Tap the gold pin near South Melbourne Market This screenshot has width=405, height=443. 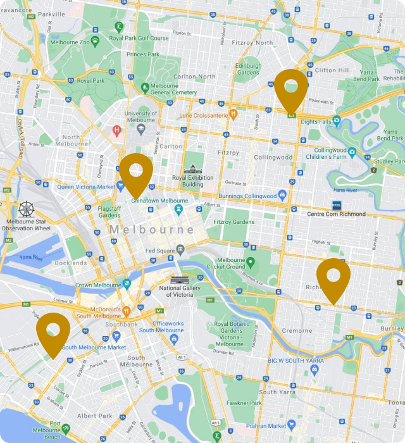click(53, 332)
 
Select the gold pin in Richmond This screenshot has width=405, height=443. click(333, 278)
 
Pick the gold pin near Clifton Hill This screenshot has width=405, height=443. click(291, 89)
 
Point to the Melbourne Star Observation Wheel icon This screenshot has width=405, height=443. click(27, 209)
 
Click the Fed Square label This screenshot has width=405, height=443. click(159, 250)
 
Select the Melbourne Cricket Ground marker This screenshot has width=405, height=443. click(250, 262)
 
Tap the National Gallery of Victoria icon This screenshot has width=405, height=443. click(180, 280)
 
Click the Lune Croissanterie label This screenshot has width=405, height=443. click(203, 116)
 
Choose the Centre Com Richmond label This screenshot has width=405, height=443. click(336, 214)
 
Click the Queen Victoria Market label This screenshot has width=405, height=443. click(86, 187)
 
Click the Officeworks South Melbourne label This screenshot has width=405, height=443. click(161, 327)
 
